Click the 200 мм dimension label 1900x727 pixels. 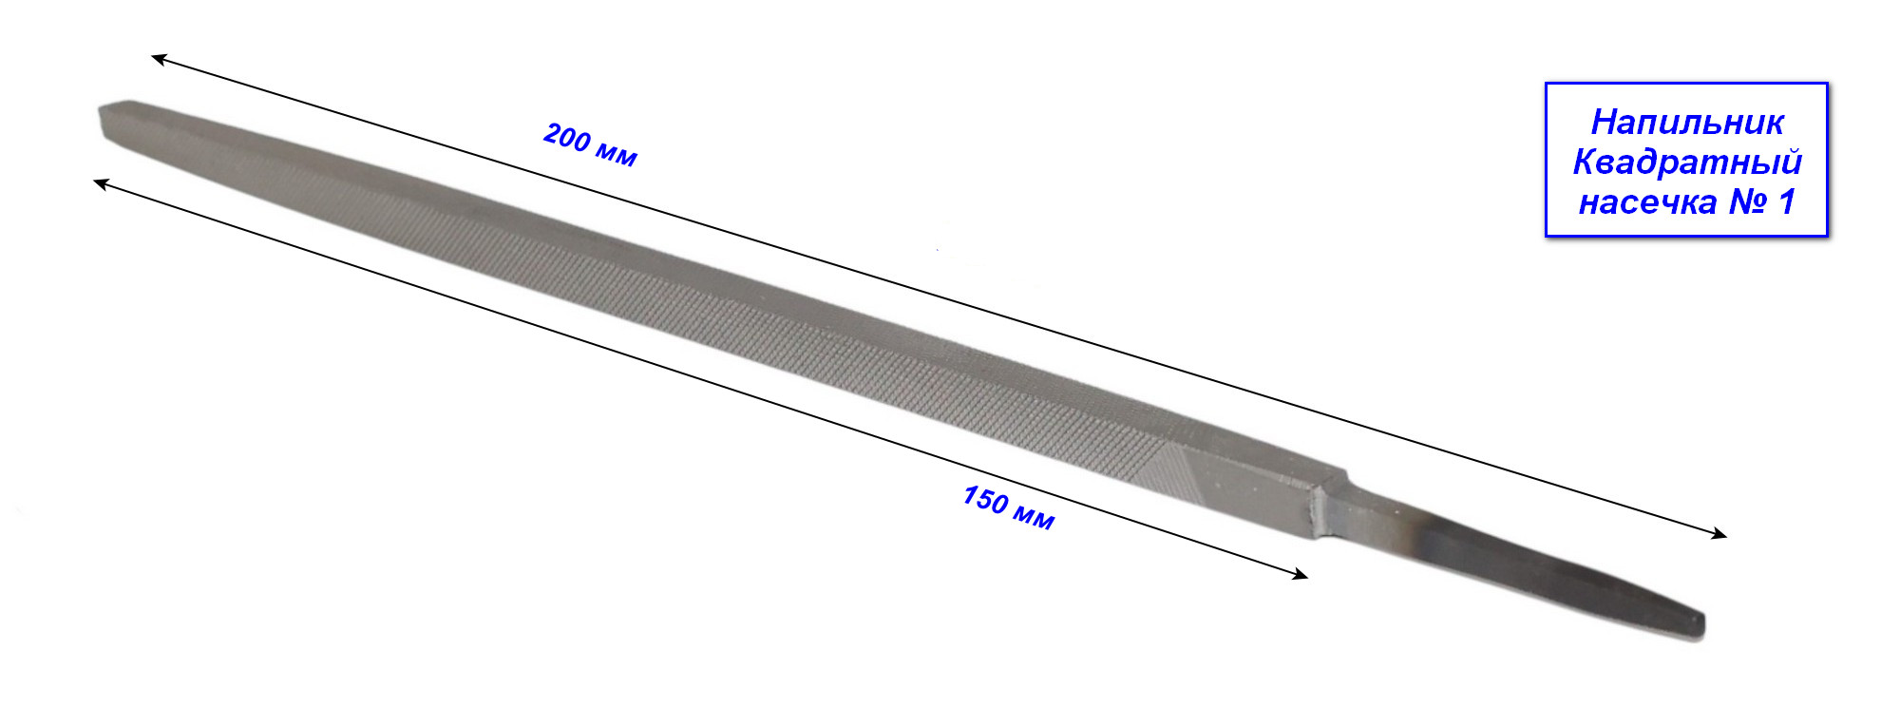590,144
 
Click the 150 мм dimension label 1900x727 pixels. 1008,507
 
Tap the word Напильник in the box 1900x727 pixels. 1687,123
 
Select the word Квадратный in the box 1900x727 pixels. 1687,162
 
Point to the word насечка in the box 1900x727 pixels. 1647,201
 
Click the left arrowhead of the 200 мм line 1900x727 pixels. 159,59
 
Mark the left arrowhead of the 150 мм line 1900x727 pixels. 100,182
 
